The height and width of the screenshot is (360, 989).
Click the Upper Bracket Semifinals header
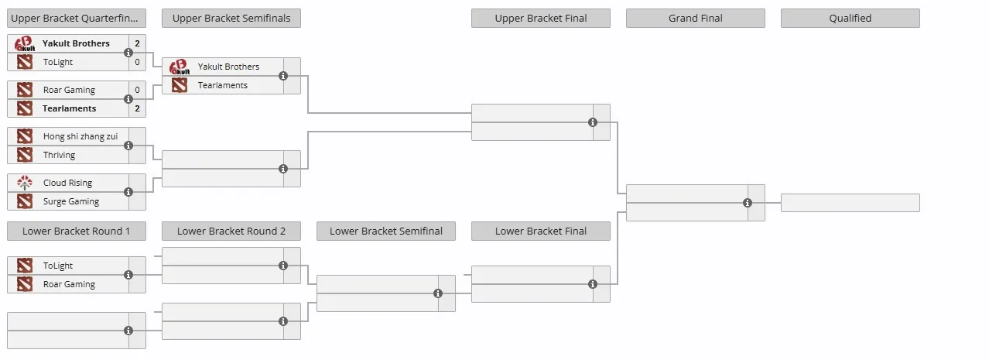pyautogui.click(x=231, y=18)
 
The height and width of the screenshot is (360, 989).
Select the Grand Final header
pyautogui.click(x=696, y=18)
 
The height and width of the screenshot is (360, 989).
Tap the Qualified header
pyautogui.click(x=850, y=18)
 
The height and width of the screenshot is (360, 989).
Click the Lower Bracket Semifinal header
pyautogui.click(x=386, y=231)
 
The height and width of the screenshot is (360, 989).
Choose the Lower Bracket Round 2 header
pyautogui.click(x=231, y=231)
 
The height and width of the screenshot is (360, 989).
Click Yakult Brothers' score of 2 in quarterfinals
pyautogui.click(x=137, y=43)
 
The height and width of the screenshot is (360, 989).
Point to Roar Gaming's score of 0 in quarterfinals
pyautogui.click(x=137, y=90)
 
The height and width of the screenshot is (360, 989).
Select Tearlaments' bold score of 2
pyautogui.click(x=137, y=108)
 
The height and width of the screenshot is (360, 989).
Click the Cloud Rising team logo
pyautogui.click(x=25, y=183)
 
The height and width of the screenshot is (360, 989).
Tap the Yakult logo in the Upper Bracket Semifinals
pyautogui.click(x=180, y=67)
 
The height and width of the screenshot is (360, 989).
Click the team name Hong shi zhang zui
pyautogui.click(x=80, y=136)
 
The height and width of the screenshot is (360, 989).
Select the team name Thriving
pyautogui.click(x=59, y=155)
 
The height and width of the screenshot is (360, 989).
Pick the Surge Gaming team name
pyautogui.click(x=71, y=201)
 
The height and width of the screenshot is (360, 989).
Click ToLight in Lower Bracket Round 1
pyautogui.click(x=58, y=266)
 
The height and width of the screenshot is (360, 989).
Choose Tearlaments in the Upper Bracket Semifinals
pyautogui.click(x=223, y=85)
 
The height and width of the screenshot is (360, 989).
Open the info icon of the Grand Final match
pyautogui.click(x=747, y=203)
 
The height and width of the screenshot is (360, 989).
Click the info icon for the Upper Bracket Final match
pyautogui.click(x=593, y=122)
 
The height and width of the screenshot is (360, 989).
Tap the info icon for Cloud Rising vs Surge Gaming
pyautogui.click(x=128, y=192)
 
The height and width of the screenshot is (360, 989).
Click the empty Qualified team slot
pyautogui.click(x=850, y=203)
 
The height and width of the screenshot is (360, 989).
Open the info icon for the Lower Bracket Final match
pyautogui.click(x=593, y=284)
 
